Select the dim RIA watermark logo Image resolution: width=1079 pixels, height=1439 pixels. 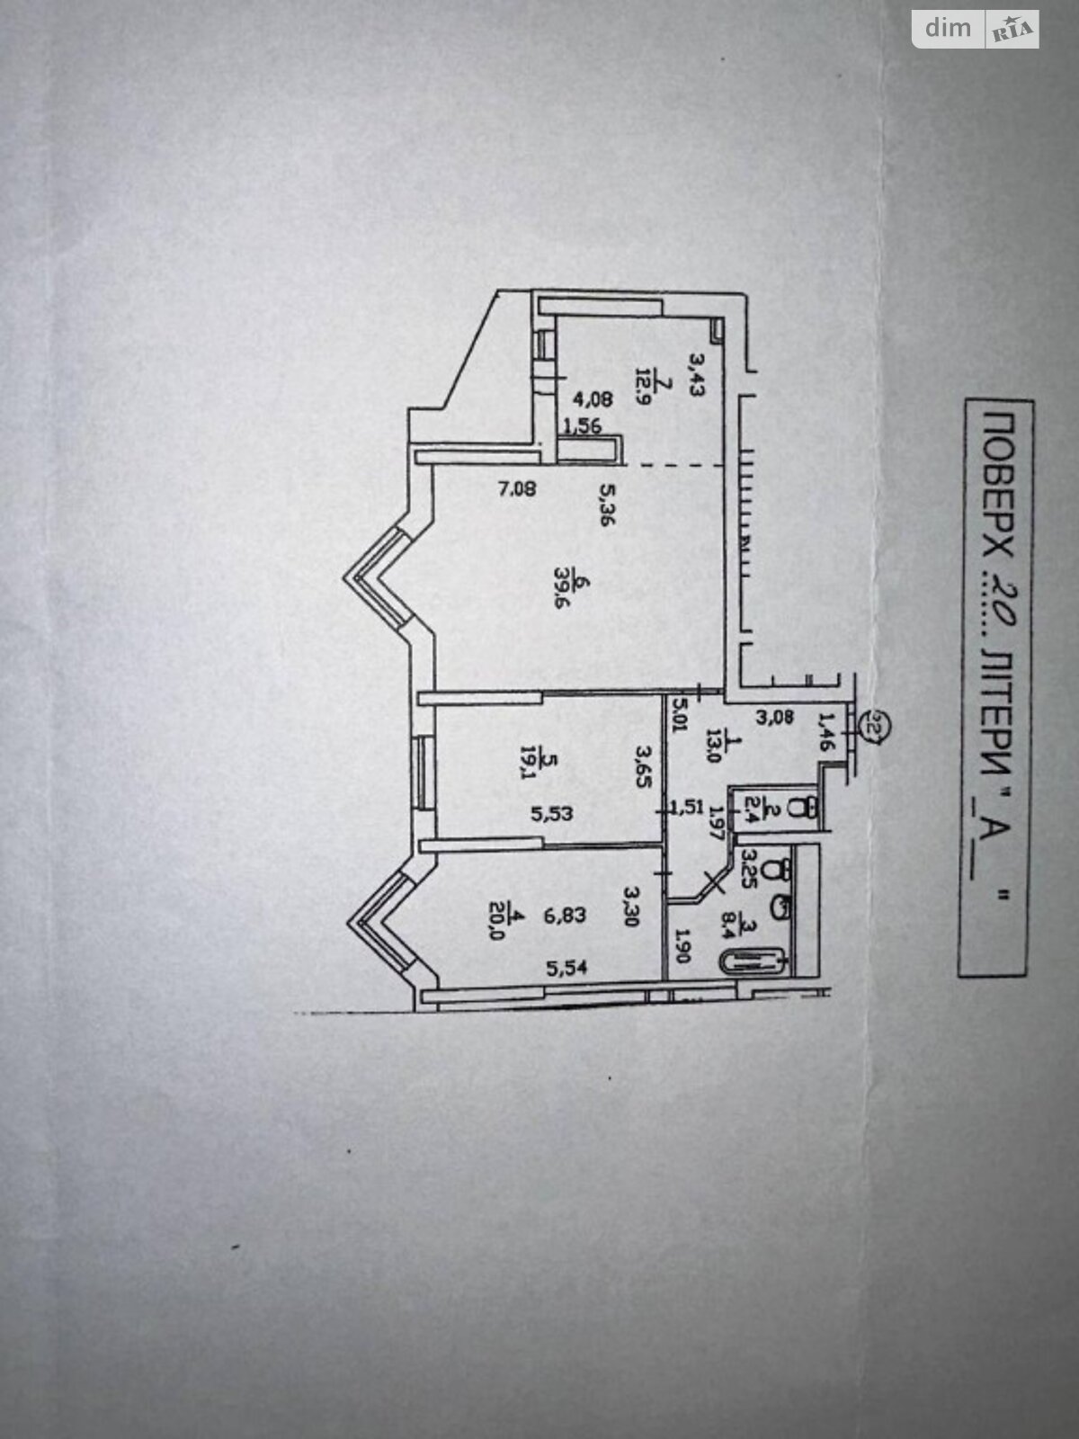click(x=976, y=29)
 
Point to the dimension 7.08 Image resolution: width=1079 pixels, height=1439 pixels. click(x=517, y=490)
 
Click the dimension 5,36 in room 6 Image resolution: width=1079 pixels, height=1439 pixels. click(x=607, y=505)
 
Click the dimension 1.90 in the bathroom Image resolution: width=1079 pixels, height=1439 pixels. click(x=681, y=945)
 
